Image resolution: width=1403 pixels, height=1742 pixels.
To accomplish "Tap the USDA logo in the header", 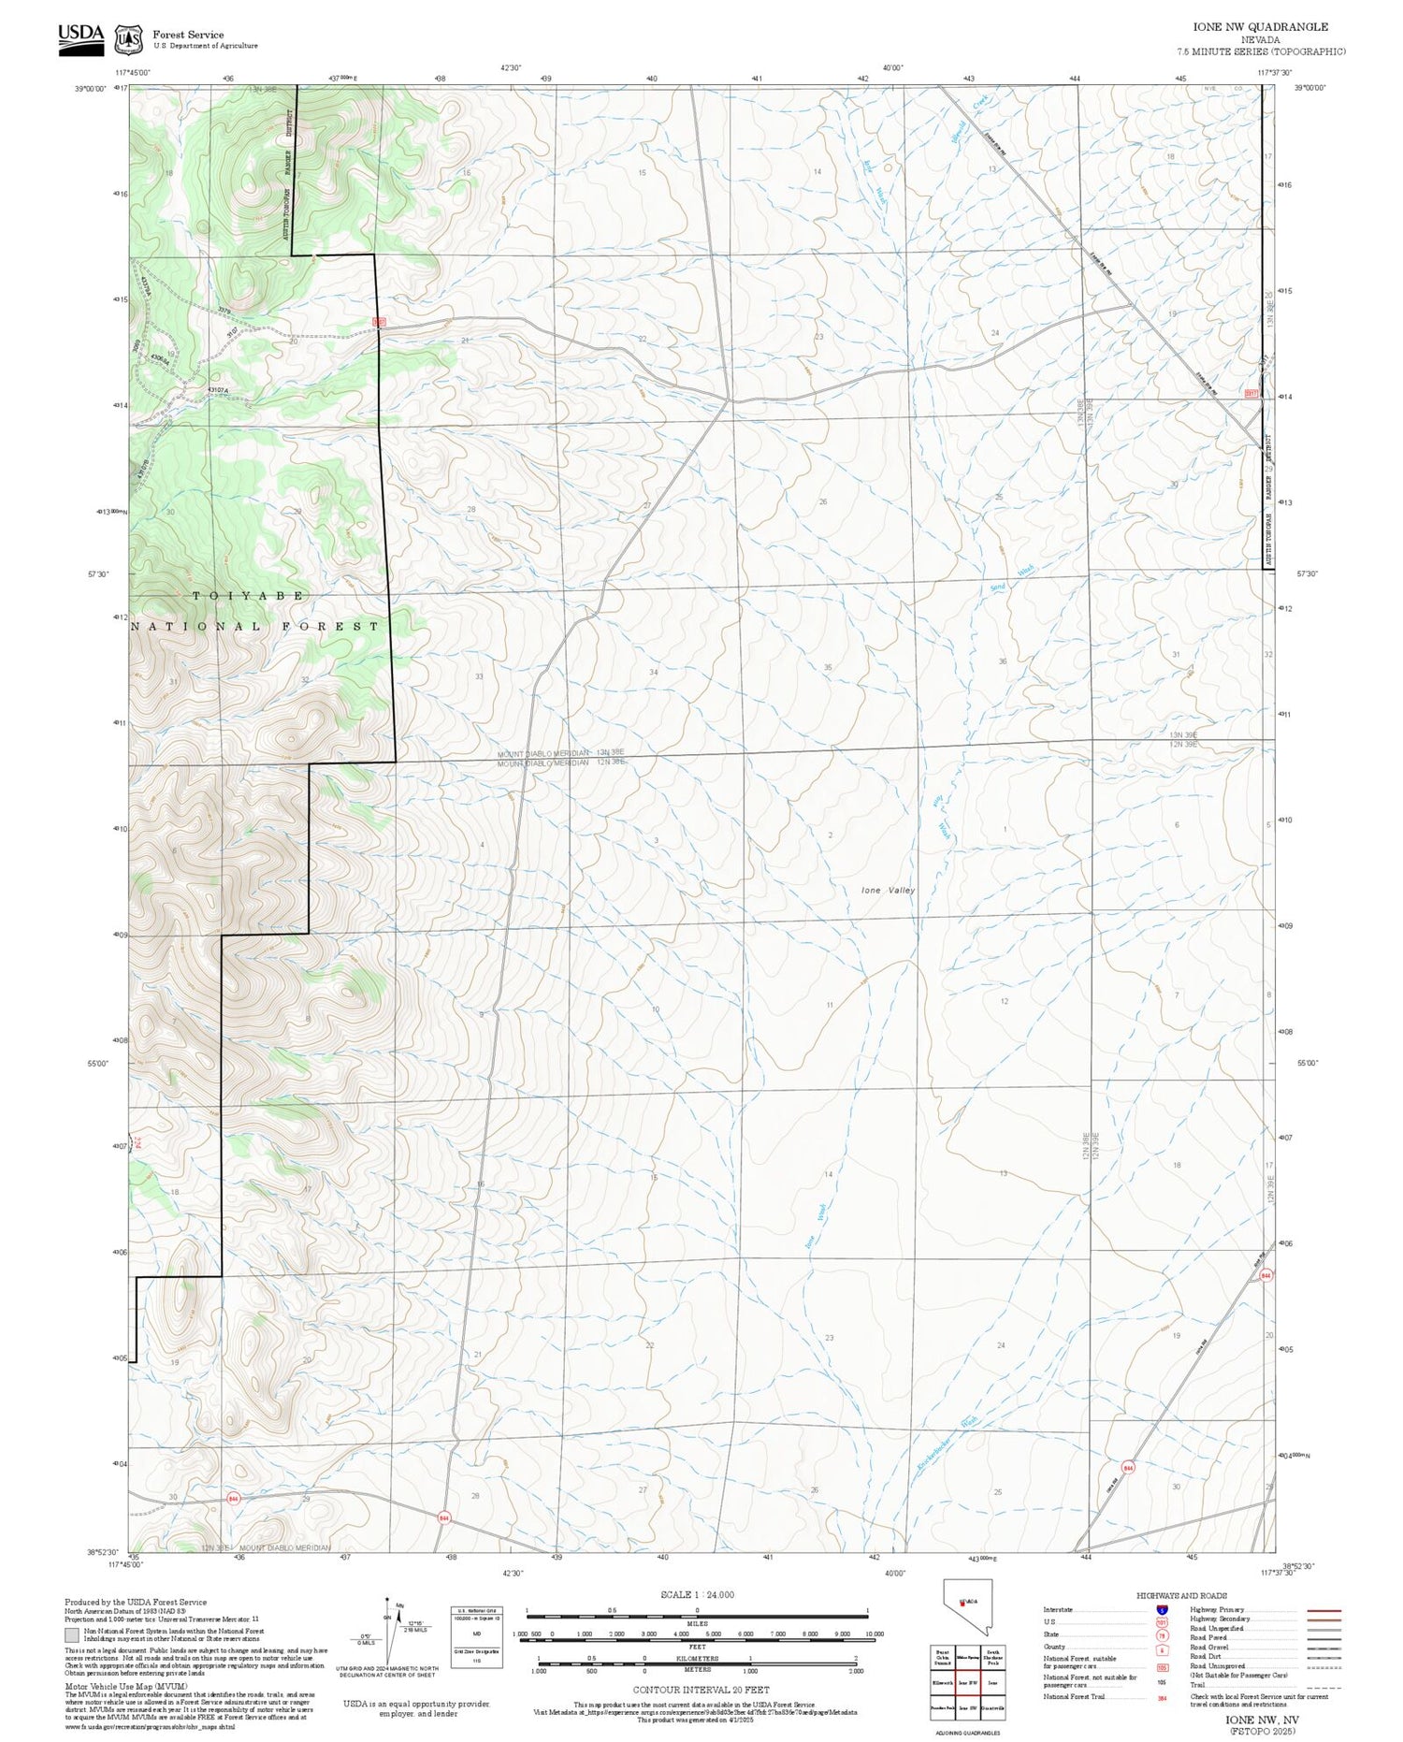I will pyautogui.click(x=80, y=37).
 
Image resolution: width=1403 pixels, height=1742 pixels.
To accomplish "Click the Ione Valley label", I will pyautogui.click(x=888, y=891).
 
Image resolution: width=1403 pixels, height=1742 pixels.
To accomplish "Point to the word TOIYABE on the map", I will pyautogui.click(x=248, y=595).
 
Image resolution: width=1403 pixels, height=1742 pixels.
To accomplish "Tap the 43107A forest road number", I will pyautogui.click(x=218, y=390).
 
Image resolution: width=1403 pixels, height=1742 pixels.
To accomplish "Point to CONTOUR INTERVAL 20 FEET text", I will pyautogui.click(x=701, y=1690).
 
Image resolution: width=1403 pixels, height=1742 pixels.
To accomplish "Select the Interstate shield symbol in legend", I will pyautogui.click(x=1163, y=1609).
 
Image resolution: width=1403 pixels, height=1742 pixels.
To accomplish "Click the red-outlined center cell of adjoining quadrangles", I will pyautogui.click(x=966, y=1681).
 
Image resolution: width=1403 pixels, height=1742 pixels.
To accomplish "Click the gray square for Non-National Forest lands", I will pyautogui.click(x=72, y=1635).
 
